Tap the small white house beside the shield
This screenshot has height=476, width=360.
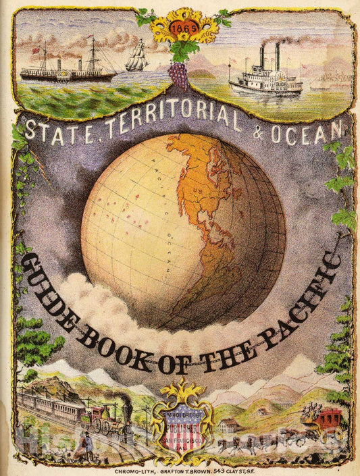[229, 426]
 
